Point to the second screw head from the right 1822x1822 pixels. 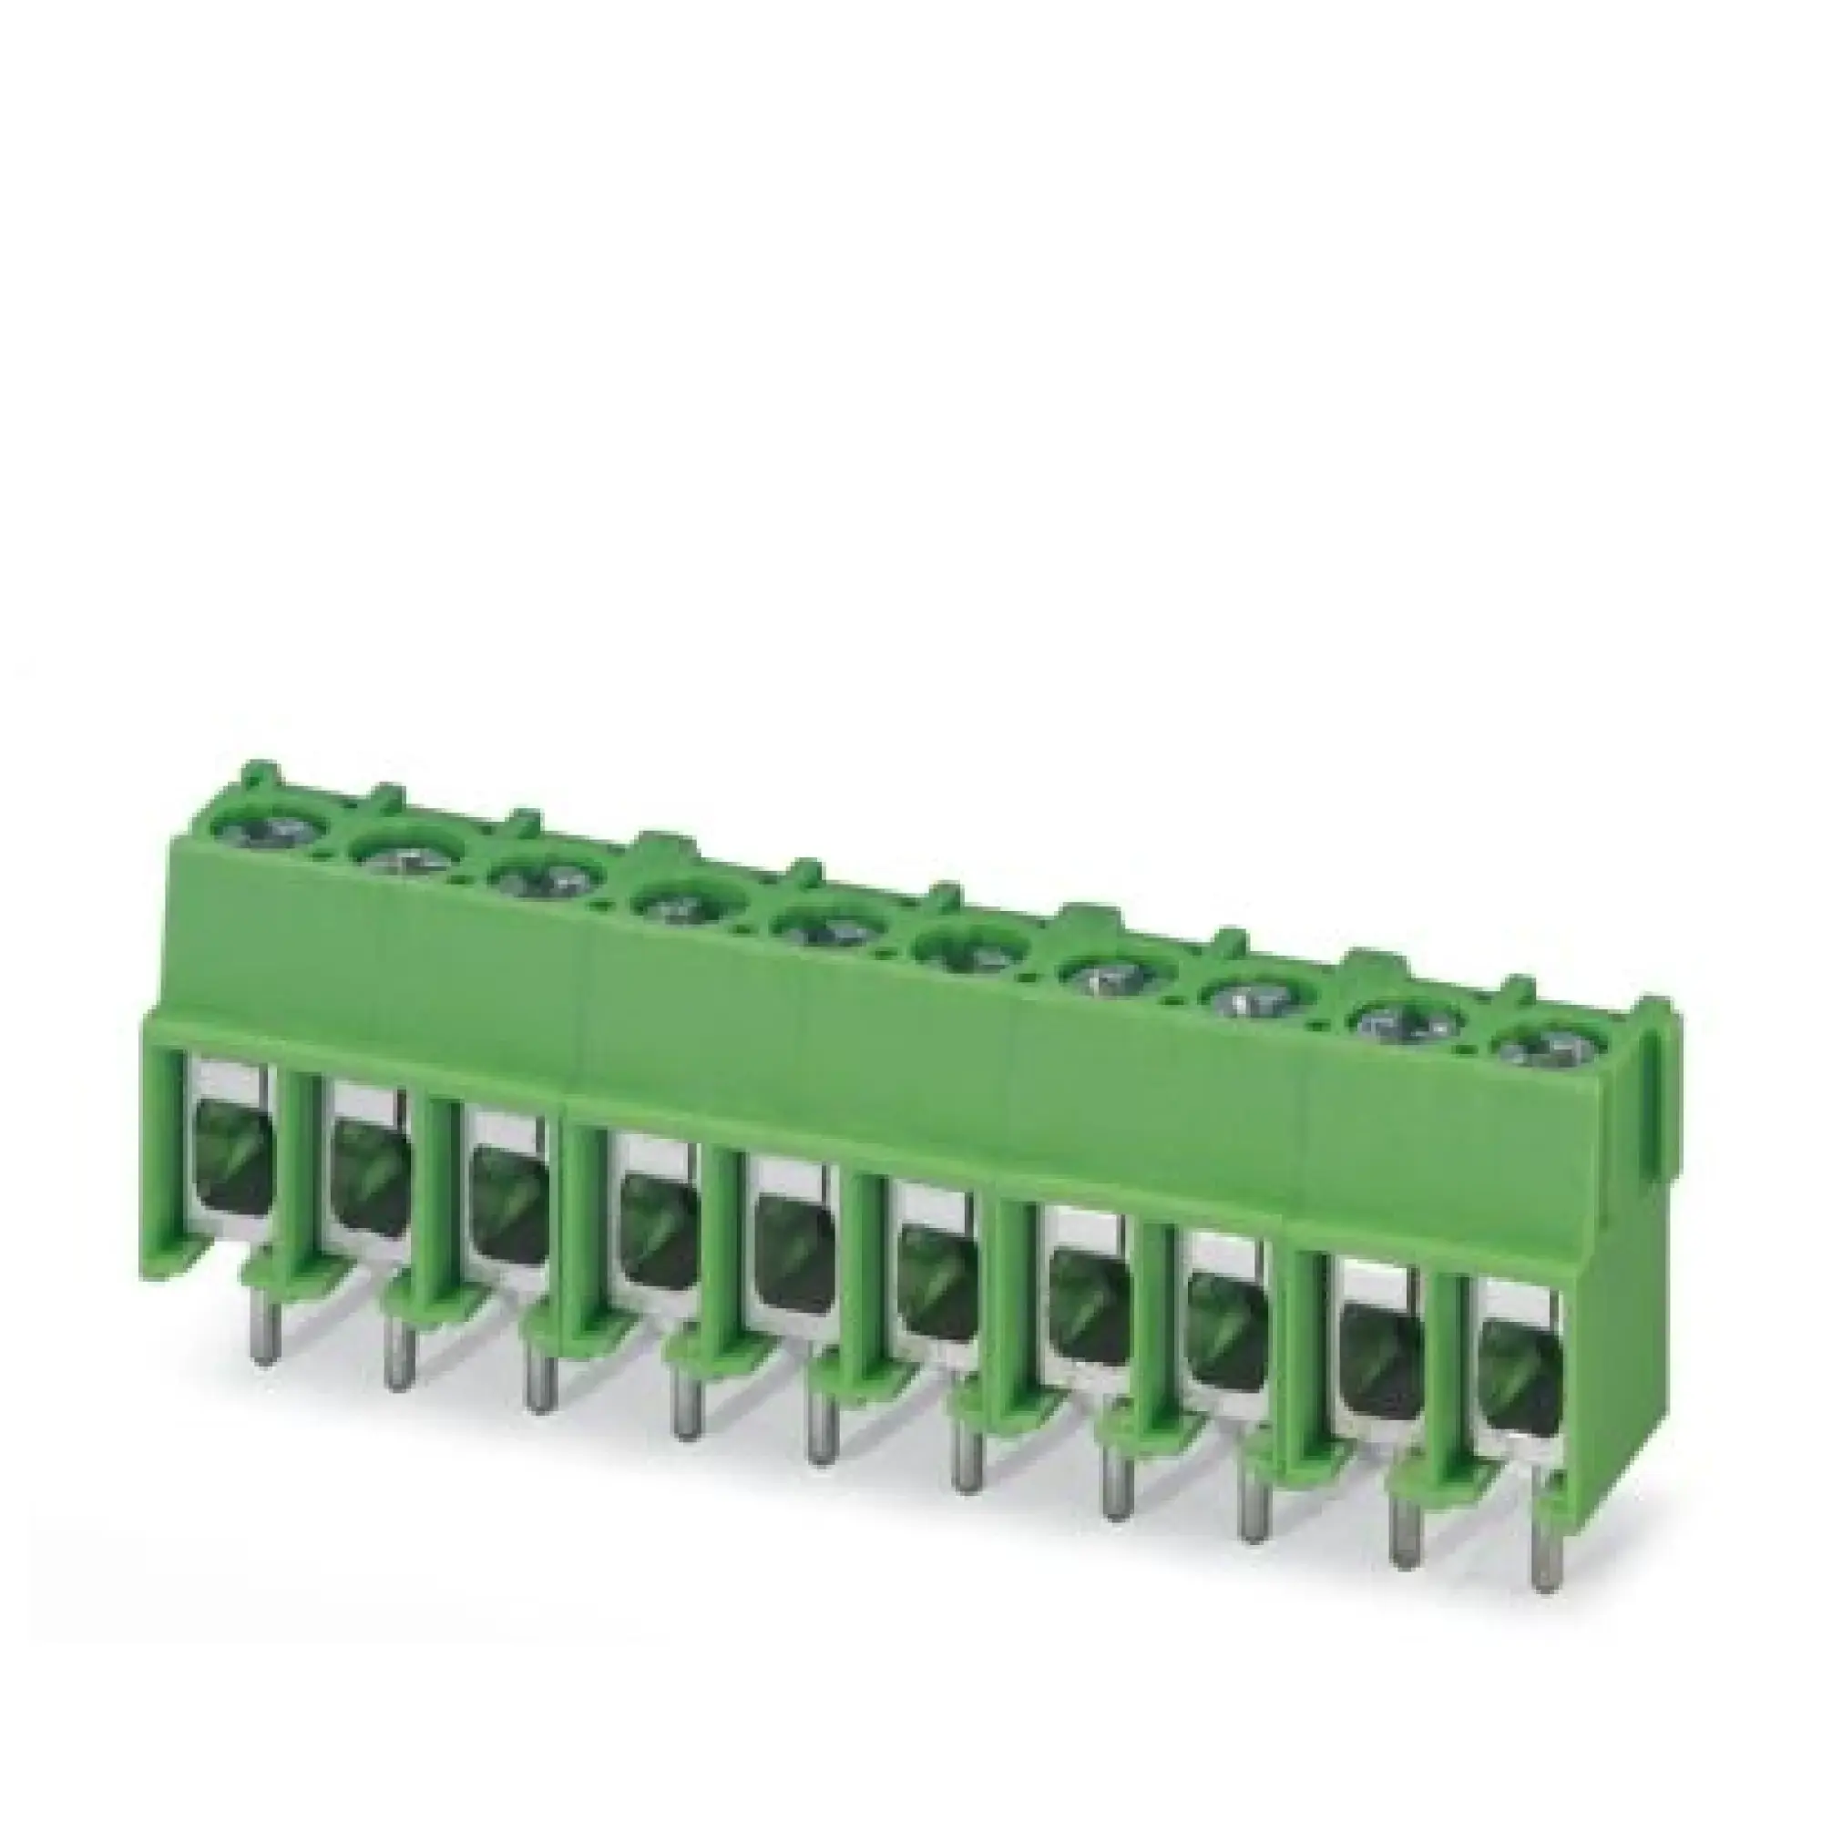click(x=1406, y=1024)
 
